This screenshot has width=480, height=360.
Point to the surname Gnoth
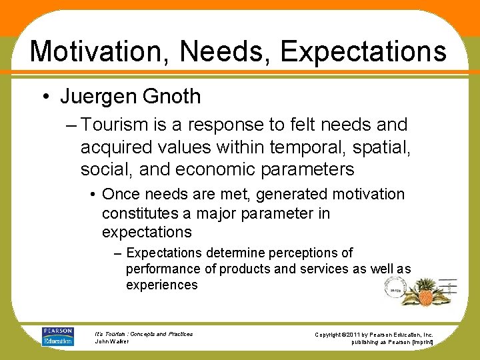point(171,97)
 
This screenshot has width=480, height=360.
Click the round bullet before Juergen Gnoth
point(45,97)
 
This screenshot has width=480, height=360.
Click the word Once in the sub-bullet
point(121,195)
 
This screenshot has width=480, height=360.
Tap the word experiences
point(161,285)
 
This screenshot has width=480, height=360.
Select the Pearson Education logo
point(58,336)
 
